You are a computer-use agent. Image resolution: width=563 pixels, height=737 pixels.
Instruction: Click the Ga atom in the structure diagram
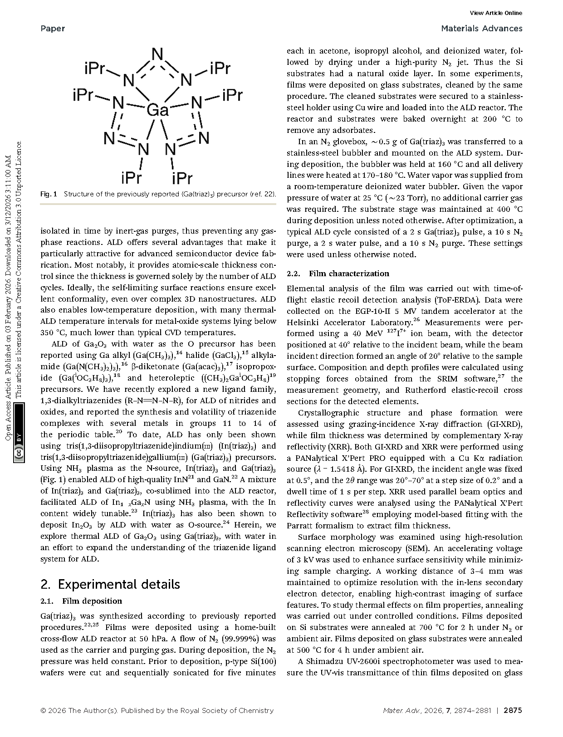(x=157, y=110)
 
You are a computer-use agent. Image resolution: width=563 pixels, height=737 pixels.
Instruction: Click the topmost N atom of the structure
(x=157, y=55)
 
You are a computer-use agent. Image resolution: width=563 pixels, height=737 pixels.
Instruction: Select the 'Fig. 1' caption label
(x=49, y=194)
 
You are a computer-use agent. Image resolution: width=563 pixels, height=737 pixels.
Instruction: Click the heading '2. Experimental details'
(x=110, y=584)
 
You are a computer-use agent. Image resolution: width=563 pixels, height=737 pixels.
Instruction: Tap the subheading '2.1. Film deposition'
(x=81, y=601)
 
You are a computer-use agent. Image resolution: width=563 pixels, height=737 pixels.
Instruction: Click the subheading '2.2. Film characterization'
(x=338, y=273)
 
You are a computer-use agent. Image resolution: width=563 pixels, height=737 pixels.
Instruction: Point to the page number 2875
(x=513, y=710)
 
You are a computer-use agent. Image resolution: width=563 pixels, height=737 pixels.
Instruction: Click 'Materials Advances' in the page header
(x=481, y=29)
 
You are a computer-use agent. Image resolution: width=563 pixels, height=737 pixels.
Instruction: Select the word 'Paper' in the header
(x=53, y=29)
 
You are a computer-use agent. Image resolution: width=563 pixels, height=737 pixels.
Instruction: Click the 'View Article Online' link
(x=496, y=13)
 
